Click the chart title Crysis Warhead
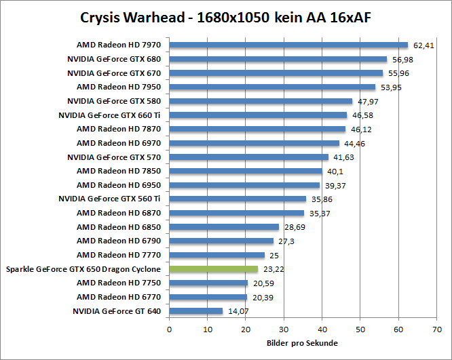[225, 17]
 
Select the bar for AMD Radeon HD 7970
[288, 45]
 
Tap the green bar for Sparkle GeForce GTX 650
[213, 269]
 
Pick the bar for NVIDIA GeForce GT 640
[195, 311]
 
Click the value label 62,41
[423, 45]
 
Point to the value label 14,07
[238, 311]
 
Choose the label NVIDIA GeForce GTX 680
[114, 59]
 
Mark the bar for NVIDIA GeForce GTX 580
[261, 101]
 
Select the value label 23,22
[273, 269]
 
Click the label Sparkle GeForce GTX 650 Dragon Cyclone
[83, 269]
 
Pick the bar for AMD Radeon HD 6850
[224, 227]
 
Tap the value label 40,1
[334, 171]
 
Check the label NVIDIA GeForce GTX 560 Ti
[109, 199]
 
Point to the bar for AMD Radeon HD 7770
[216, 255]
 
